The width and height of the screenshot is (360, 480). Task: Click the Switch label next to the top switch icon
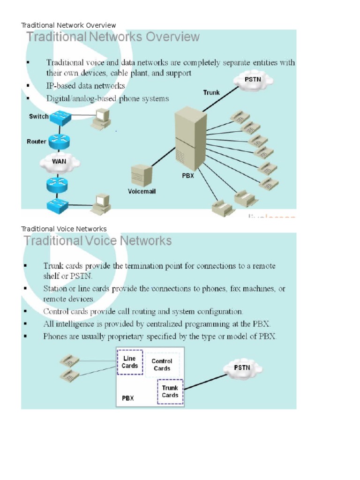38,116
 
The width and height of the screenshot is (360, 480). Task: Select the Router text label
36,141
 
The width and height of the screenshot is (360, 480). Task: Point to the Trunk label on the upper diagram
211,92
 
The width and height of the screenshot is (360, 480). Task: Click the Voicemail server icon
141,176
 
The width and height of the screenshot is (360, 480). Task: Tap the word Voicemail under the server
142,191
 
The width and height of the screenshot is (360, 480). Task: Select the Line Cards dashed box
130,362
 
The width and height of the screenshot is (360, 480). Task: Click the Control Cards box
162,365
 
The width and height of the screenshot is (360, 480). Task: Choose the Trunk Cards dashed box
170,391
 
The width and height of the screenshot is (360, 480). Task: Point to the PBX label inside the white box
128,398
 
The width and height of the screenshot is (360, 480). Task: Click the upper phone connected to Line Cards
70,361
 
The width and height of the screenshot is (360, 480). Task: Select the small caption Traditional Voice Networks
64,229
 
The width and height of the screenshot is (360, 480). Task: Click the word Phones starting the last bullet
56,336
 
